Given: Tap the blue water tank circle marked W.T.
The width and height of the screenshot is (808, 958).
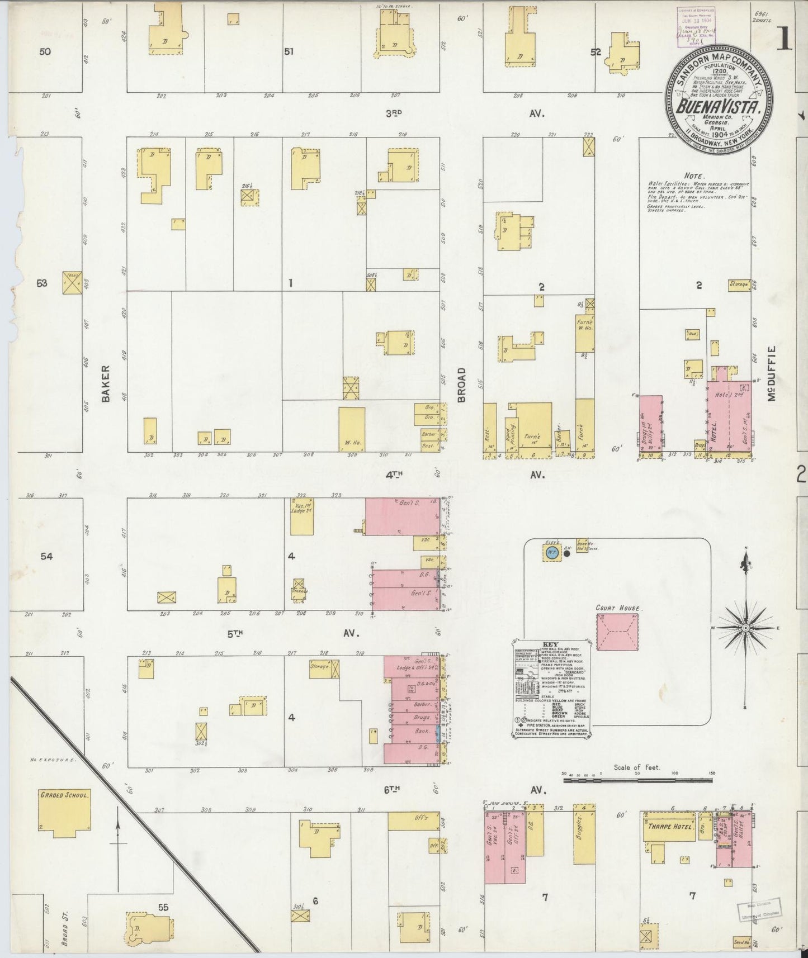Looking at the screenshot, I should coord(551,554).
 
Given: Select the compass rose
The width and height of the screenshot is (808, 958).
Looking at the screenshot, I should coord(745,628).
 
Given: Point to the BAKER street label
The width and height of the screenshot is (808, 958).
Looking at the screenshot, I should coord(106,383).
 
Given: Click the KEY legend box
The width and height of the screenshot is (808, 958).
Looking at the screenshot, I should coord(551,690).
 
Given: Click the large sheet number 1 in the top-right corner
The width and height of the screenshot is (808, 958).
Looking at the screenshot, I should coord(785,39).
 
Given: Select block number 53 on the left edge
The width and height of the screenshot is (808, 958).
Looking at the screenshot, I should coord(42,283).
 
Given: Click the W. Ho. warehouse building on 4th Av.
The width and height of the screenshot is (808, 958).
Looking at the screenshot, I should coord(352,429).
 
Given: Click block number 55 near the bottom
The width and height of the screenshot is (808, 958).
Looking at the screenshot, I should coord(163,907).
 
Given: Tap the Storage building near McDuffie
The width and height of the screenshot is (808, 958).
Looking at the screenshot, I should coord(739,285).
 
